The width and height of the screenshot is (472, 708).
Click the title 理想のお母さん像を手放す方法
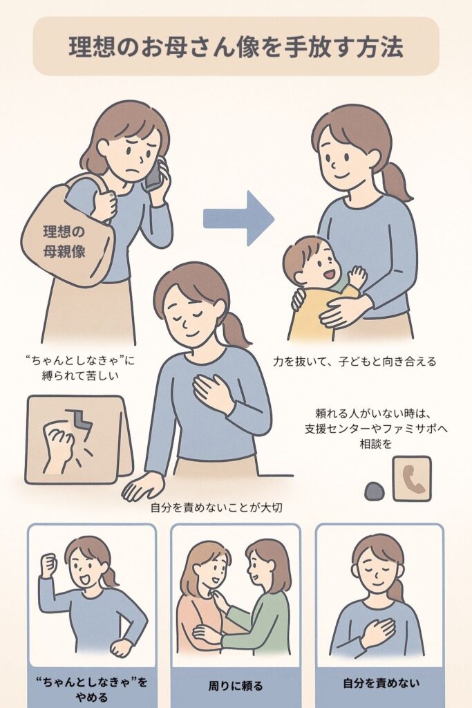point(236,46)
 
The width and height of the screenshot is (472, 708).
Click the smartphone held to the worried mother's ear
point(153,175)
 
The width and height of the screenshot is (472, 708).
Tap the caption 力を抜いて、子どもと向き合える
point(355,361)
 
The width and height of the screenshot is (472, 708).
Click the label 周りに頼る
point(236,687)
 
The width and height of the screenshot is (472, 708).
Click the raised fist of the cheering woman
point(48,563)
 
